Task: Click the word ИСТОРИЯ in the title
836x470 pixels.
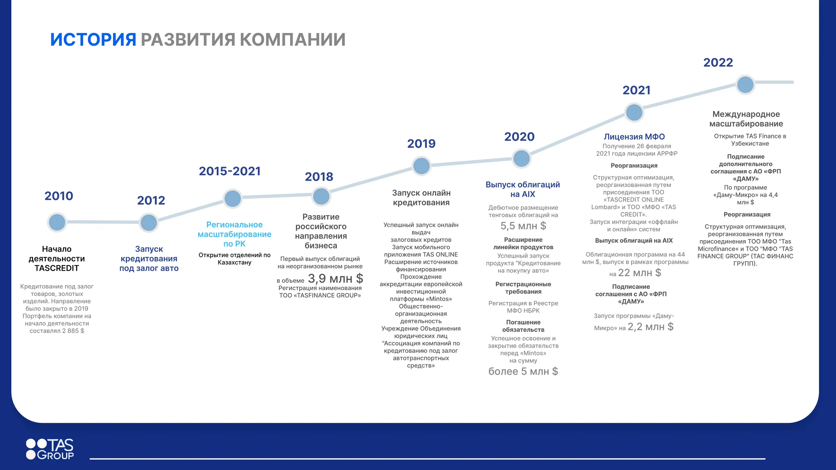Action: (x=93, y=39)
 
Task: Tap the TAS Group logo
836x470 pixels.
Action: (x=50, y=449)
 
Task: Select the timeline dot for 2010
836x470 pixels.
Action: (x=57, y=222)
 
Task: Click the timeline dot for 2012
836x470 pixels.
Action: (x=149, y=222)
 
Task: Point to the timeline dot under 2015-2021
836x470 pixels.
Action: (x=233, y=198)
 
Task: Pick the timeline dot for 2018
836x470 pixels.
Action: (x=321, y=196)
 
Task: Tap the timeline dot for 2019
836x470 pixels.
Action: (x=421, y=166)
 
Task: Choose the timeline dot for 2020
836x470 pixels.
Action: (x=521, y=158)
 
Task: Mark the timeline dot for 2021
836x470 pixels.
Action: (x=634, y=113)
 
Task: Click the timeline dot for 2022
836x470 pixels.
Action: (x=745, y=85)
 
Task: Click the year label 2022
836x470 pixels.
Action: (x=718, y=63)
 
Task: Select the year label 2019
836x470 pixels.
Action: (x=421, y=144)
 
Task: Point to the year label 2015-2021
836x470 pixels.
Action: (x=230, y=171)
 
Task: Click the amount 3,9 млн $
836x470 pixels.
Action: (x=335, y=279)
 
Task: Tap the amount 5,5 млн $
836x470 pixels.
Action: (x=523, y=226)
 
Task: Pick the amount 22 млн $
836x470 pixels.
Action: (x=639, y=273)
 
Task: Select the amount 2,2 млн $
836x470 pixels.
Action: (x=650, y=327)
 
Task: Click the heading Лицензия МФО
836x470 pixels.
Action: (x=634, y=137)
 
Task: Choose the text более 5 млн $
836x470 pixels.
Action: (x=523, y=371)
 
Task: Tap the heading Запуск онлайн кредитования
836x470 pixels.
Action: (x=421, y=198)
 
